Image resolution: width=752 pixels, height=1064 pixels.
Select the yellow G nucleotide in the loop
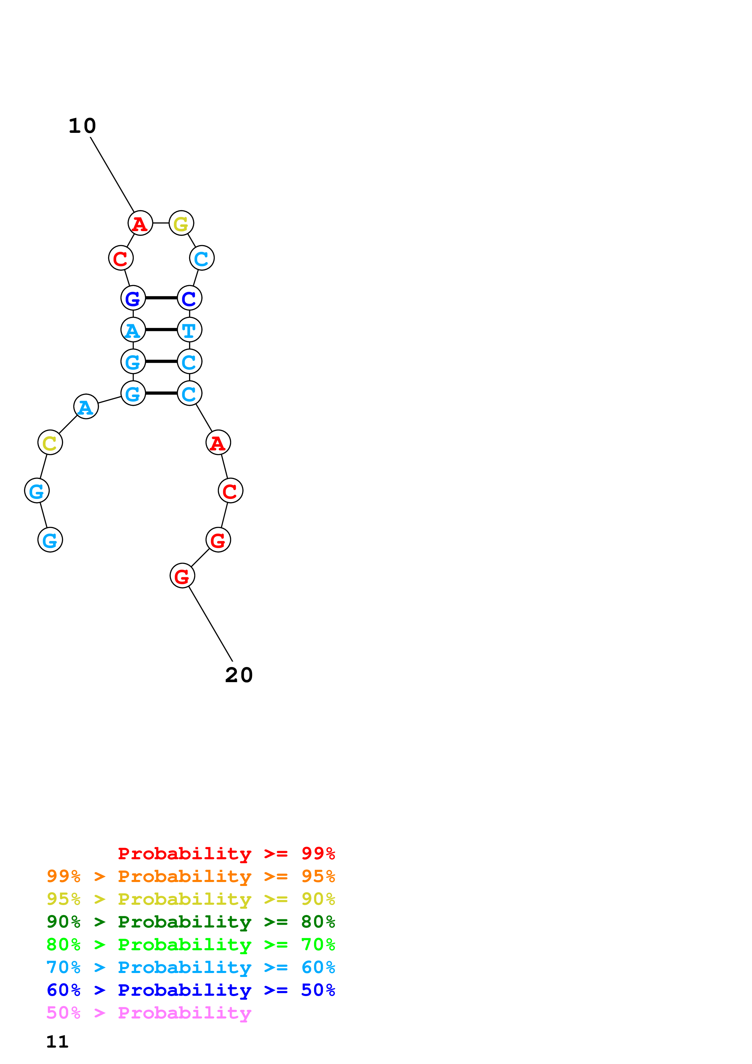tap(181, 223)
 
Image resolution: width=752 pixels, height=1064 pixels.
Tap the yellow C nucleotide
tap(50, 443)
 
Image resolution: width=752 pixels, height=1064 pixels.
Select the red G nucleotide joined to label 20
tap(182, 576)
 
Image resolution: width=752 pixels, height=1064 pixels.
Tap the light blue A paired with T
tap(133, 330)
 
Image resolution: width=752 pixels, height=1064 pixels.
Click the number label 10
tap(83, 126)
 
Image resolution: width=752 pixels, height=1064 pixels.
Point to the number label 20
tap(239, 675)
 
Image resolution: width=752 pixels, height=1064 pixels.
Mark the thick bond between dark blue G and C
tap(161, 298)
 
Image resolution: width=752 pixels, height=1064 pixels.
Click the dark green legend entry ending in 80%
tap(191, 922)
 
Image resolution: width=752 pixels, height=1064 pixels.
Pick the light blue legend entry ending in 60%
tap(191, 967)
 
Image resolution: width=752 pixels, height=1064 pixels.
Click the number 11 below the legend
tap(57, 1042)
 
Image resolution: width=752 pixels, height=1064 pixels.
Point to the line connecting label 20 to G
tap(211, 624)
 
